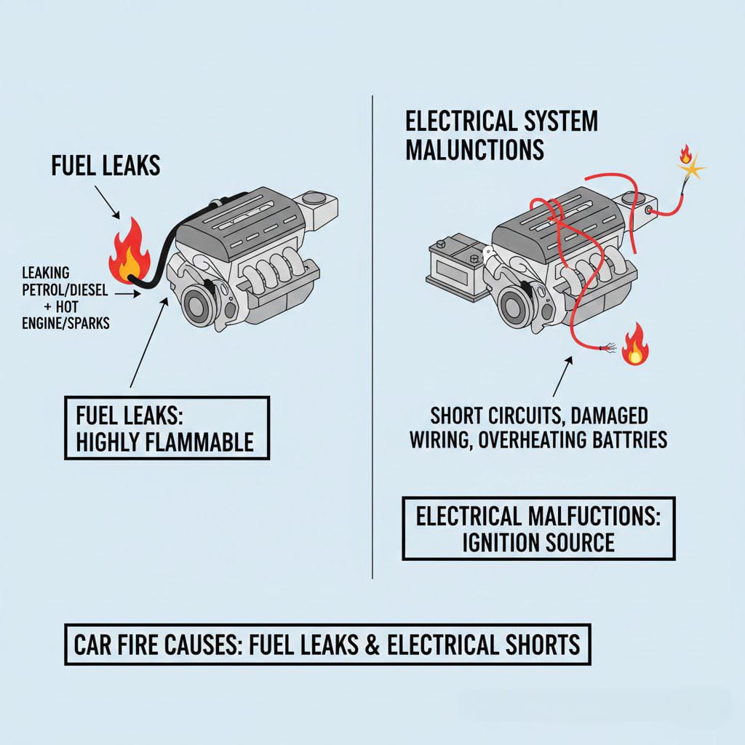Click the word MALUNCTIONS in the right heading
(474, 149)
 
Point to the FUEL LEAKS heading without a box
(105, 166)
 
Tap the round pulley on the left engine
(197, 304)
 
